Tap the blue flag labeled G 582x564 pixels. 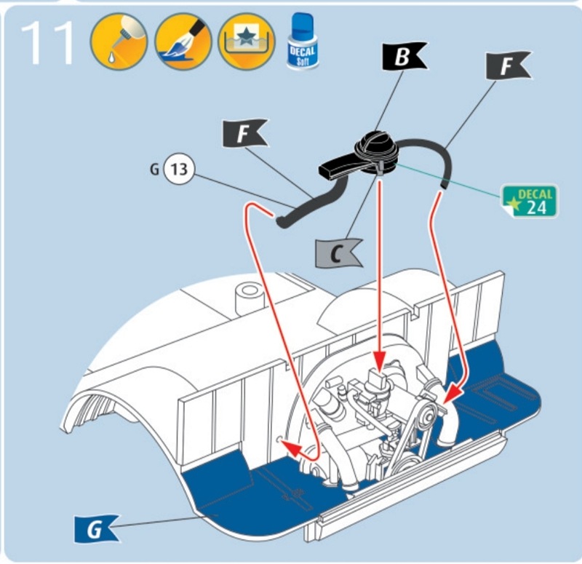coord(95,530)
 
